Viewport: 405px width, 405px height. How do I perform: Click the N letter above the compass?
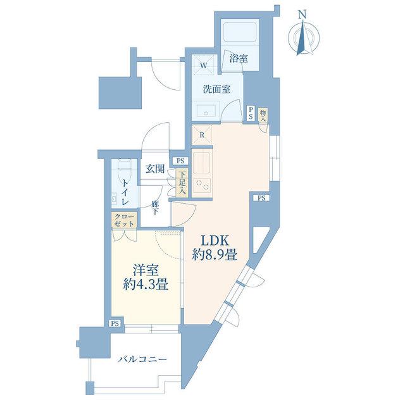[302, 14]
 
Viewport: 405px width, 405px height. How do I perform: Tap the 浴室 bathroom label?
[239, 59]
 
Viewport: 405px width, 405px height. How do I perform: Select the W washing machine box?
[204, 65]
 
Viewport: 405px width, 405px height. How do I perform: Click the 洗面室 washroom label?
[216, 89]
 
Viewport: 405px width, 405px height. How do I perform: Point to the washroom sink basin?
[206, 111]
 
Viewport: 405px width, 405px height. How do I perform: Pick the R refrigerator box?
[202, 135]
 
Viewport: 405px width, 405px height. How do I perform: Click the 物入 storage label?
[263, 115]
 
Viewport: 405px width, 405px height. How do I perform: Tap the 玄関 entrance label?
[155, 169]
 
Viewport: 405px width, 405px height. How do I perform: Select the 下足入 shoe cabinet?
[182, 183]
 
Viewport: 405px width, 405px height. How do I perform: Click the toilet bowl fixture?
[125, 171]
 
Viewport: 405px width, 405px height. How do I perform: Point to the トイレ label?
[125, 192]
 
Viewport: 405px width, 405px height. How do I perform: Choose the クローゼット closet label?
[124, 220]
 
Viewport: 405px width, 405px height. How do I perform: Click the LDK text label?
[215, 241]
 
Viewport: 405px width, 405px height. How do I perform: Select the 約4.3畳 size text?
[146, 285]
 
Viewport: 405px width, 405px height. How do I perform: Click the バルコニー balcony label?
[142, 359]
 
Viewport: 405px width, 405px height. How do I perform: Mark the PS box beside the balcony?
[115, 323]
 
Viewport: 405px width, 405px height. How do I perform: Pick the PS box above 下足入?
[180, 161]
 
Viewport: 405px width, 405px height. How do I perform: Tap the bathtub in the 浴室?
[240, 32]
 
